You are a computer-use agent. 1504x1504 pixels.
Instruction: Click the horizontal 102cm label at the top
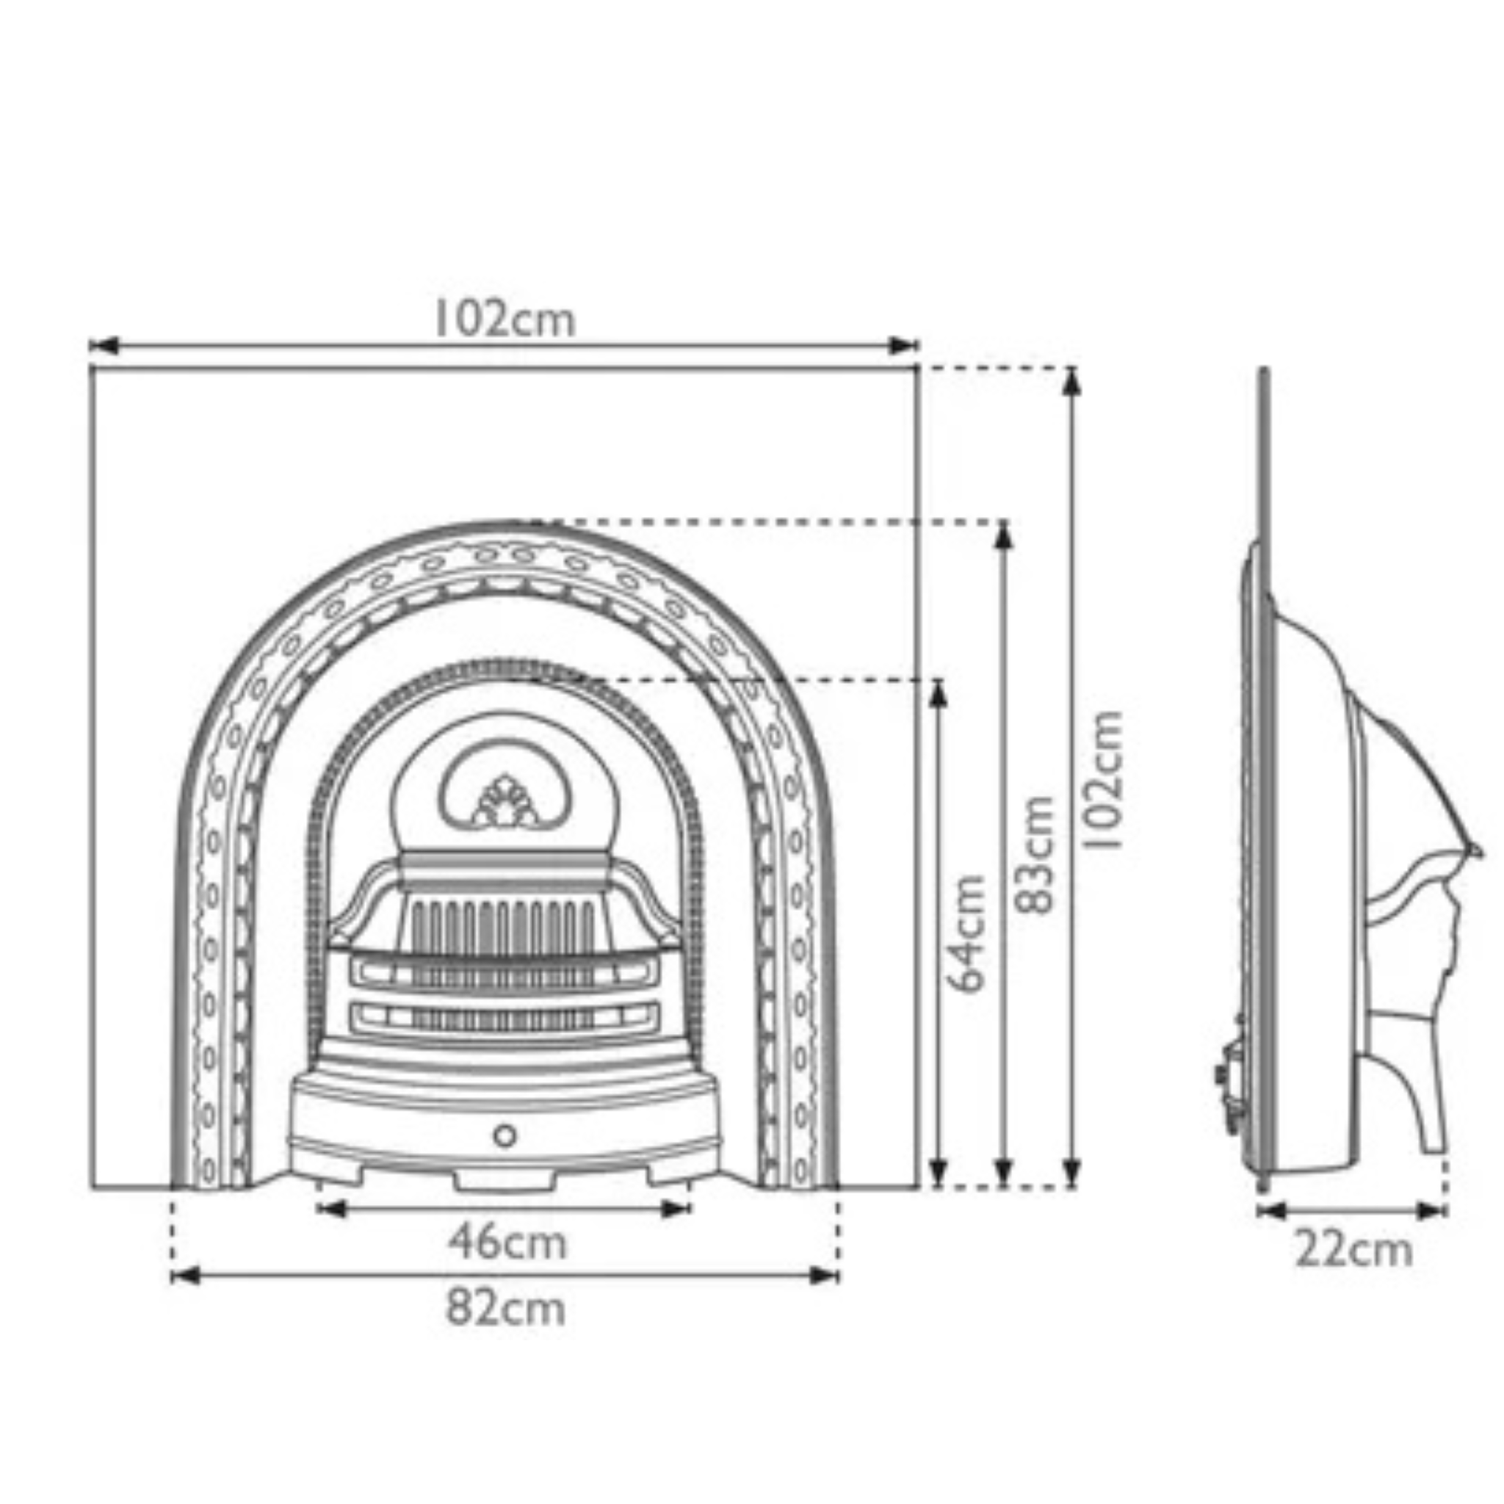(x=504, y=320)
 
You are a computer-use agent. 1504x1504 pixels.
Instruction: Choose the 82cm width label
(x=505, y=1308)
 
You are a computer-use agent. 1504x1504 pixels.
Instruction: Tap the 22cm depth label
(x=1353, y=1251)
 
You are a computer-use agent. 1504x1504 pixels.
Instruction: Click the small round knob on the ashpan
(x=505, y=1137)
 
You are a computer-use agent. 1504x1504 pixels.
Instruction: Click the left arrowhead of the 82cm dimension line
(x=184, y=1276)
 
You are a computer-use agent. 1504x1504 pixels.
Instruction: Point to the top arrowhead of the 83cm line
(x=1004, y=534)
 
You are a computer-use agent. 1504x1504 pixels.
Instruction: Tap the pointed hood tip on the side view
(x=1476, y=851)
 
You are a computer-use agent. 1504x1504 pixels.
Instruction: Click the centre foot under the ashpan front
(x=505, y=1181)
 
